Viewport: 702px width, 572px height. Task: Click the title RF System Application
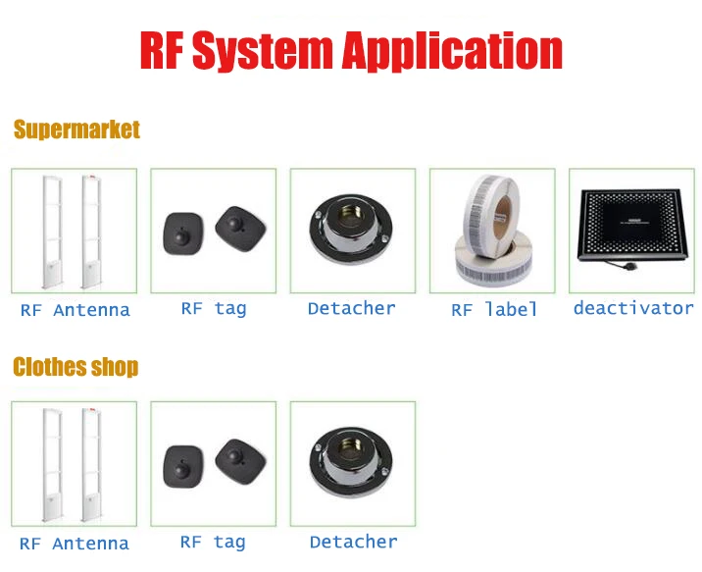click(x=351, y=51)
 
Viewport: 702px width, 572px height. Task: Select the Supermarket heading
click(x=76, y=130)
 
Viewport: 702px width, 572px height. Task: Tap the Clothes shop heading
click(x=75, y=367)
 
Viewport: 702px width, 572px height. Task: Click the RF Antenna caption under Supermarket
click(x=75, y=310)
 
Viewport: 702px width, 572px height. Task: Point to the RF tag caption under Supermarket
click(x=214, y=308)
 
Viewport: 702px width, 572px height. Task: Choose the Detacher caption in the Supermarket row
click(x=351, y=308)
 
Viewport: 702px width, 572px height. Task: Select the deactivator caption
click(x=633, y=308)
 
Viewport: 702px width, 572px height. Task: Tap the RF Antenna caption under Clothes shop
click(x=75, y=544)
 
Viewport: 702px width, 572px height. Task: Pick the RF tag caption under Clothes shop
click(x=213, y=542)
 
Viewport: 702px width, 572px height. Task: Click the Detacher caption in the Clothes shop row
click(x=353, y=542)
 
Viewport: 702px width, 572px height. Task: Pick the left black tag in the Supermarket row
click(x=182, y=232)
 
